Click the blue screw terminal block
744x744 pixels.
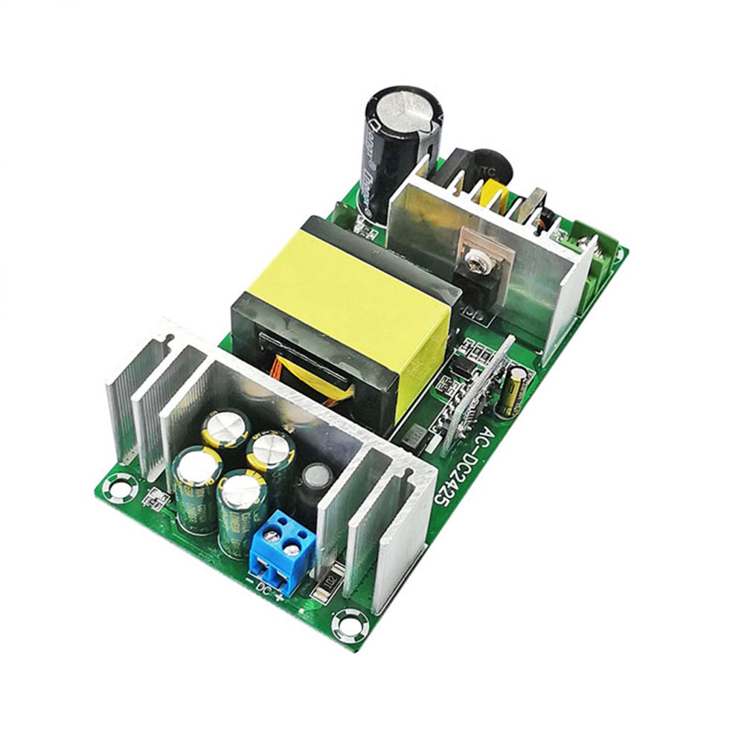coord(278,551)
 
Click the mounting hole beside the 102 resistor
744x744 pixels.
coord(350,623)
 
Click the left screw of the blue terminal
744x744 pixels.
coord(271,535)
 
